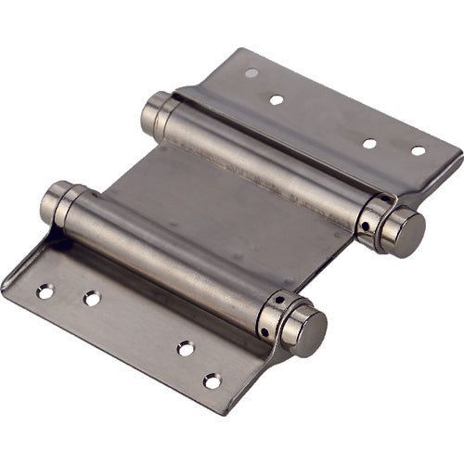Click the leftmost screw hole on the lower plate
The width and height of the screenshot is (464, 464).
click(x=45, y=291)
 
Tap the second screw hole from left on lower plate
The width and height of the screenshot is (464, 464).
click(x=92, y=299)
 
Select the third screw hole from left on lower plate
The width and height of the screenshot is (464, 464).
click(x=187, y=349)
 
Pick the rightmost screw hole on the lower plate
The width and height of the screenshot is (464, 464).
click(x=213, y=380)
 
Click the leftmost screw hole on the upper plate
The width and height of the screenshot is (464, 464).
click(x=251, y=72)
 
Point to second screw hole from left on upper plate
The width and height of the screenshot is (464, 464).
click(x=277, y=98)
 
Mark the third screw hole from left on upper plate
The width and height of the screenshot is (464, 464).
click(x=369, y=144)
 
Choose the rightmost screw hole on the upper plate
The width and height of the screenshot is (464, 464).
click(x=418, y=150)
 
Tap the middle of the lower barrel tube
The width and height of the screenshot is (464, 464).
click(x=167, y=260)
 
